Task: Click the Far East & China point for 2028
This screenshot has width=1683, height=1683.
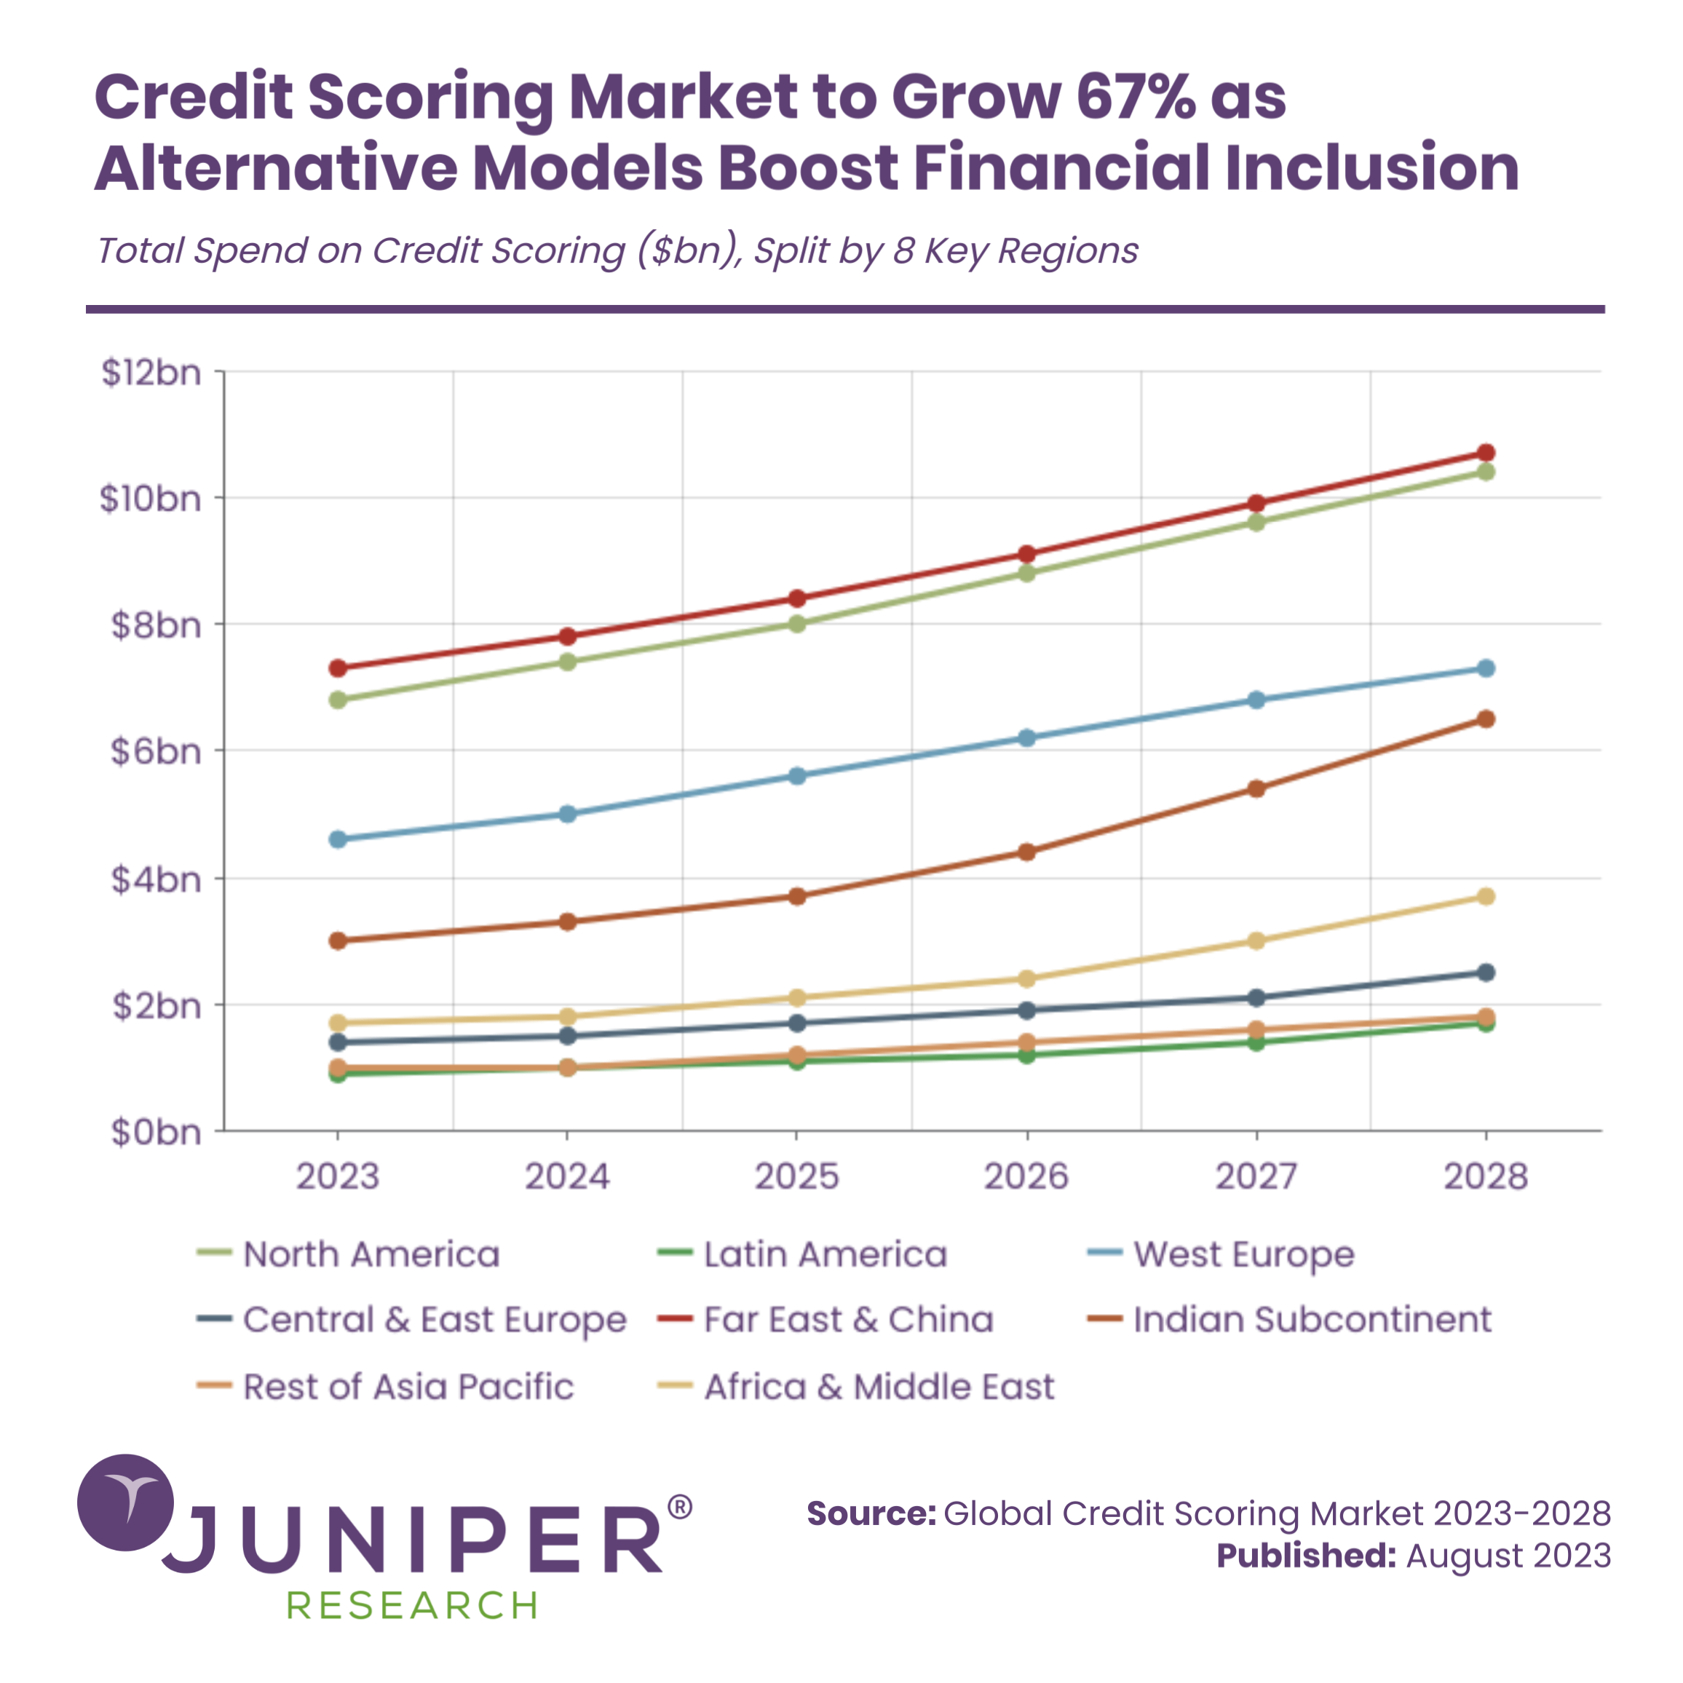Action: pos(1486,453)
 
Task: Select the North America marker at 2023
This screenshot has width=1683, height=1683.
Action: pos(338,700)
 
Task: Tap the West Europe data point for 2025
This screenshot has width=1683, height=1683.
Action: pos(797,775)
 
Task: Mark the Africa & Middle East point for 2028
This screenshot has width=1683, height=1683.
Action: pos(1486,896)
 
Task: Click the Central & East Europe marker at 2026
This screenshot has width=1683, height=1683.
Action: pos(1027,1010)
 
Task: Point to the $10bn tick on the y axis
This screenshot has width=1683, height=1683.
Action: pos(151,499)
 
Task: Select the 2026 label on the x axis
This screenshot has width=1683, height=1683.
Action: pos(1026,1177)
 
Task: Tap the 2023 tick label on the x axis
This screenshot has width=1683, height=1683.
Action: pos(338,1177)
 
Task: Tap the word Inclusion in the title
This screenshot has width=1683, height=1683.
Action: pos(1372,167)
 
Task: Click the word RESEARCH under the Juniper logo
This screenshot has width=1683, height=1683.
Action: pos(412,1604)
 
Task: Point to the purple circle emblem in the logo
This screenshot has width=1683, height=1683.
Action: pos(125,1502)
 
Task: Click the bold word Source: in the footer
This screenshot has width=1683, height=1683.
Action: pos(871,1513)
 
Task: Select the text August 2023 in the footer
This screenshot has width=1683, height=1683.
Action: pos(1508,1556)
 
